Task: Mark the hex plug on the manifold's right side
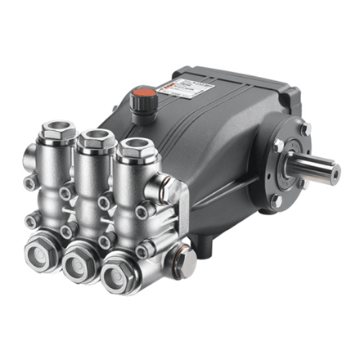pyautogui.click(x=186, y=262)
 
